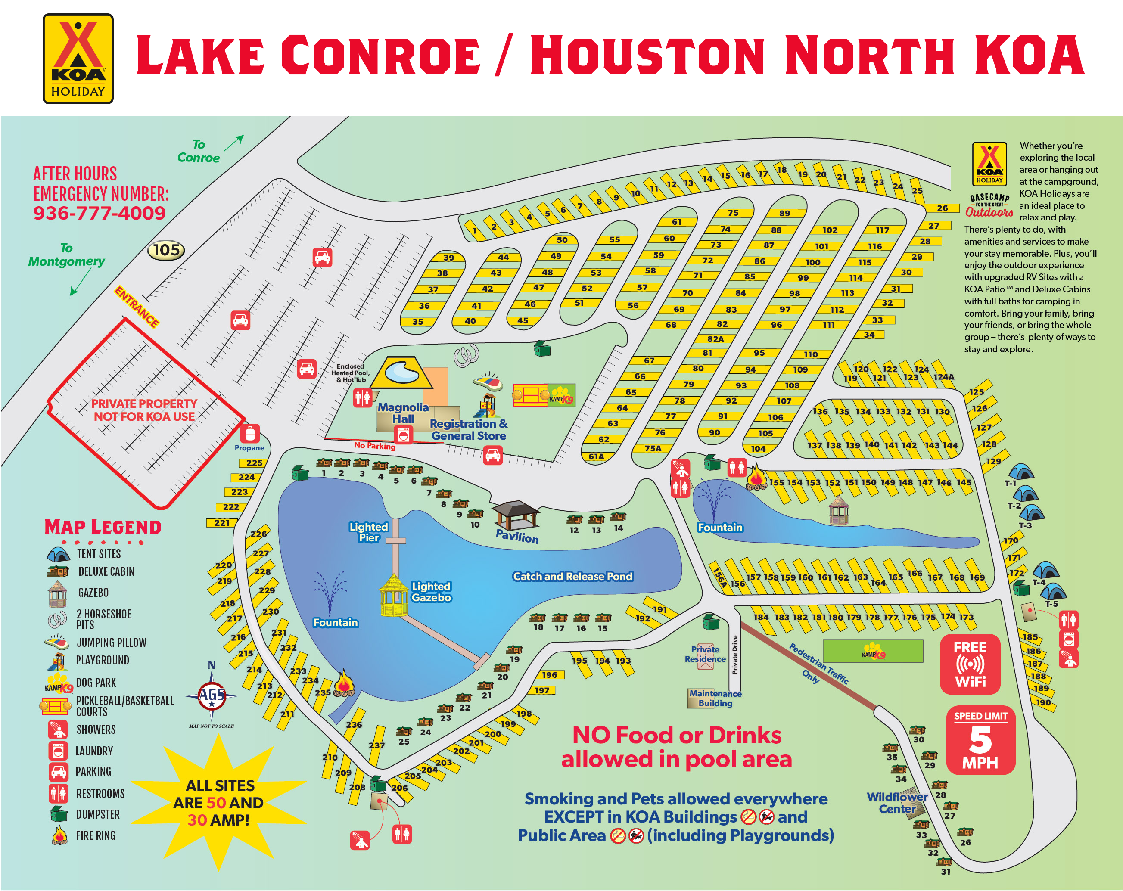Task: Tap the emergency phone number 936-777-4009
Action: point(99,213)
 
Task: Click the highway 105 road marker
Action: point(166,250)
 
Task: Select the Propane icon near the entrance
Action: point(249,434)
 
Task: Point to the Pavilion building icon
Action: point(515,515)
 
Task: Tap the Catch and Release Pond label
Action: point(572,576)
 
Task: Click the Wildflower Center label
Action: point(896,802)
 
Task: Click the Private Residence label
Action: point(705,654)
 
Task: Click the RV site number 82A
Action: point(715,339)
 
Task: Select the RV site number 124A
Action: point(943,376)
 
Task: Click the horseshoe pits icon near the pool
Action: point(466,355)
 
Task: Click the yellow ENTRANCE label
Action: point(137,307)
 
